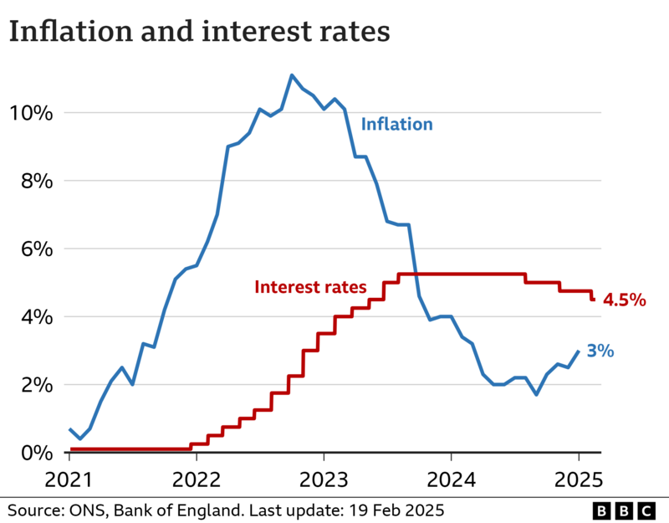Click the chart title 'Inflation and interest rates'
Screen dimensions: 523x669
199,32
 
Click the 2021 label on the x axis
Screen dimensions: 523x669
69,480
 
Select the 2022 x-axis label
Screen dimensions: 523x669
196,480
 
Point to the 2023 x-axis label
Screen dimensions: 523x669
324,480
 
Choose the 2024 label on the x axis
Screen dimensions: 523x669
451,480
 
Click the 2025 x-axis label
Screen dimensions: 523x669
578,480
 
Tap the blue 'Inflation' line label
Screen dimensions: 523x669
397,125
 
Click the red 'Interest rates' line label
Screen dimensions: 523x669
310,287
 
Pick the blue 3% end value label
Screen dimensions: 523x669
600,351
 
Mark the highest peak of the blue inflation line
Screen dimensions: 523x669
292,75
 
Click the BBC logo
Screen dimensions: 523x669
625,510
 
